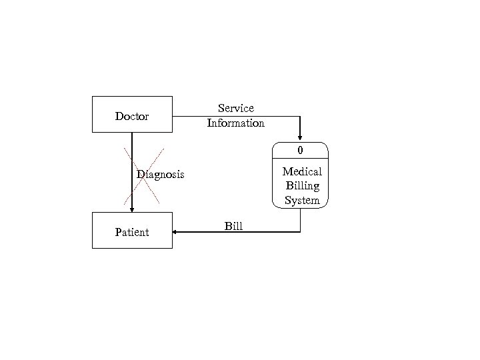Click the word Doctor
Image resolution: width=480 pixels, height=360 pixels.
(x=132, y=117)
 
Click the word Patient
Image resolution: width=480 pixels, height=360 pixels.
(x=132, y=233)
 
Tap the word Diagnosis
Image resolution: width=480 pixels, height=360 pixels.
(x=161, y=175)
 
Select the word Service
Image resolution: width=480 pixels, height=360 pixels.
(x=236, y=108)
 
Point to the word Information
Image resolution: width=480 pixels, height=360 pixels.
(x=236, y=123)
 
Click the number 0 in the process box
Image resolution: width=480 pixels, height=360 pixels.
(x=301, y=149)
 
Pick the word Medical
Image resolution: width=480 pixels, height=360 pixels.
(x=302, y=172)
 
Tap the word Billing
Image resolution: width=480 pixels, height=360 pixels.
(x=302, y=186)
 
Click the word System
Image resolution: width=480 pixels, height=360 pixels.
(x=302, y=200)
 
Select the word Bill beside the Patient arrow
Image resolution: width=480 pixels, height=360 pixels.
(x=233, y=227)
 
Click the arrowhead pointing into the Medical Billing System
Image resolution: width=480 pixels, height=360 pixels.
(x=301, y=138)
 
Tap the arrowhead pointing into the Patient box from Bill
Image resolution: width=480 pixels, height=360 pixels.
(x=175, y=232)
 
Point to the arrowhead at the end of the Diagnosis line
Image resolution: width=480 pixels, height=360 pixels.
(x=132, y=209)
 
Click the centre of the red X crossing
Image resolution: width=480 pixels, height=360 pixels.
(x=142, y=174)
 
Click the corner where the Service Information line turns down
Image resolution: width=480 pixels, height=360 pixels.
(x=301, y=117)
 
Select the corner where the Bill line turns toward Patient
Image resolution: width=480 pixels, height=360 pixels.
(x=301, y=232)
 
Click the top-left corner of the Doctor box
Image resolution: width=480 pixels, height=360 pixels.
(x=92, y=97)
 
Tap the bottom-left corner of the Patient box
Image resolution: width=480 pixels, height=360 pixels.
(x=92, y=248)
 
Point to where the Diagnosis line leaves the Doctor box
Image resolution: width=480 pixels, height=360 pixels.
(x=132, y=133)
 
